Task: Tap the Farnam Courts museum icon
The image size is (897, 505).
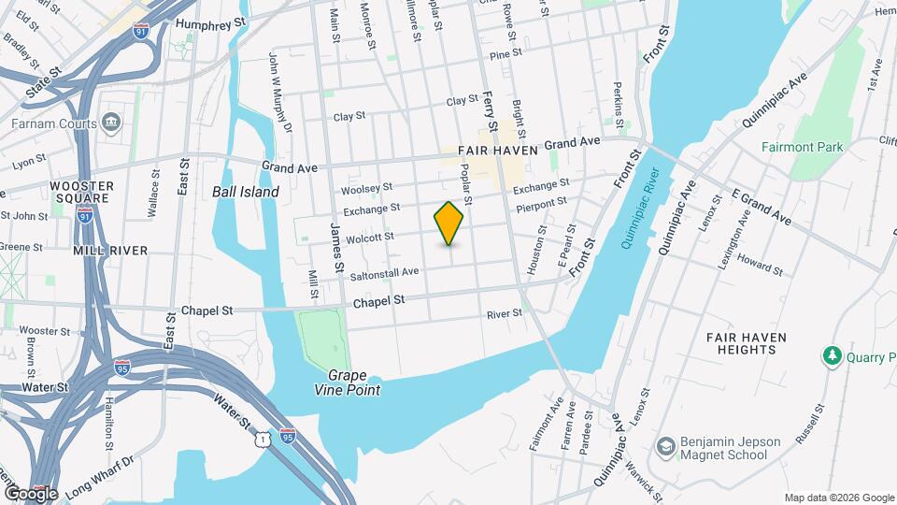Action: pyautogui.click(x=111, y=123)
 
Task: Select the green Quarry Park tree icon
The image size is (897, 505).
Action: pyautogui.click(x=831, y=356)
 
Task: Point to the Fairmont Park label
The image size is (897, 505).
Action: pyautogui.click(x=802, y=147)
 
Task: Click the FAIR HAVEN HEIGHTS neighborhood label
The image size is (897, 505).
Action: pyautogui.click(x=746, y=343)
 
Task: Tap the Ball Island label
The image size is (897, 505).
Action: pyautogui.click(x=246, y=192)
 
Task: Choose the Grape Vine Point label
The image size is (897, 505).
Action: pyautogui.click(x=348, y=383)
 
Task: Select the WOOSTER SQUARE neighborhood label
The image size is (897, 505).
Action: pyautogui.click(x=81, y=192)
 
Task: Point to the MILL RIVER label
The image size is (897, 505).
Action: pyautogui.click(x=110, y=251)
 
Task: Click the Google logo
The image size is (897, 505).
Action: pyautogui.click(x=31, y=493)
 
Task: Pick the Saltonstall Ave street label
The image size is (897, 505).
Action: pyautogui.click(x=384, y=274)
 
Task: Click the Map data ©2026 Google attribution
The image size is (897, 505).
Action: pyautogui.click(x=837, y=498)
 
